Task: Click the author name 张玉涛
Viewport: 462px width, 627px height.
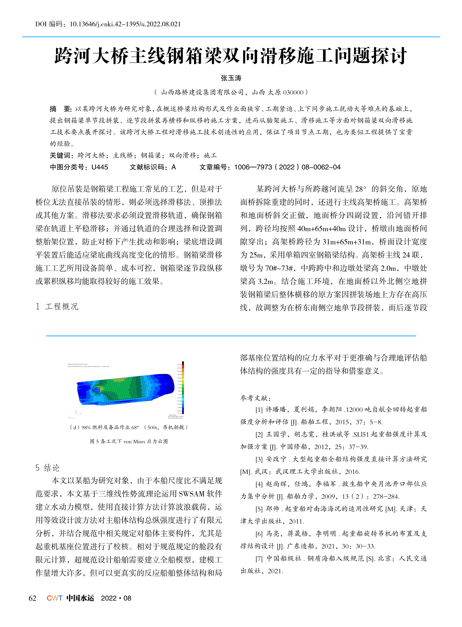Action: (x=231, y=78)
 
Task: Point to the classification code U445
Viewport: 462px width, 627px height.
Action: (x=100, y=167)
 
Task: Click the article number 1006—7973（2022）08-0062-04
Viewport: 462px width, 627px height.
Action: (x=287, y=167)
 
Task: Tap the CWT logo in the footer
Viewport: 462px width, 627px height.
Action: (x=55, y=598)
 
